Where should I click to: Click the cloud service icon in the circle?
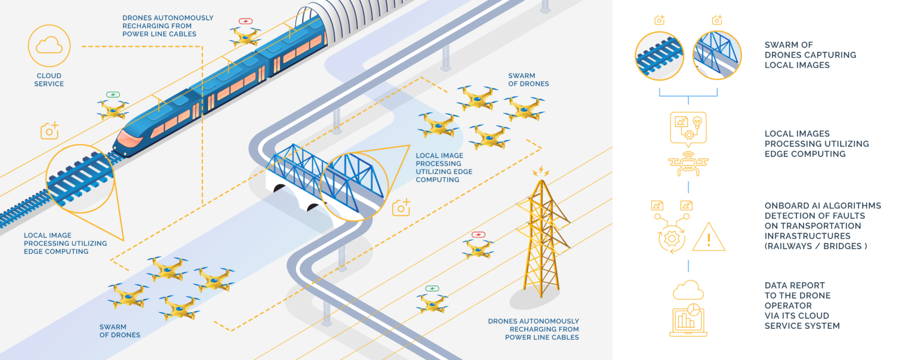49,45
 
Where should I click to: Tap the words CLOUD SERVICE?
49,80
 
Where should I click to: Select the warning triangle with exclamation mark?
709,237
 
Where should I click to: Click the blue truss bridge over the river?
299,167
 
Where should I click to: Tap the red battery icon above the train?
245,21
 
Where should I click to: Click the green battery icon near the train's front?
113,94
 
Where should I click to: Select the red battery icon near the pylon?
478,235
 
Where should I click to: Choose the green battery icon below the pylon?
432,288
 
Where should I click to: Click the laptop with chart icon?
688,322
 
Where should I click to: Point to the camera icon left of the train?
50,131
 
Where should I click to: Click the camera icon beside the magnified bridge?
401,207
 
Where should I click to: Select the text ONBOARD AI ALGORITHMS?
822,206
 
